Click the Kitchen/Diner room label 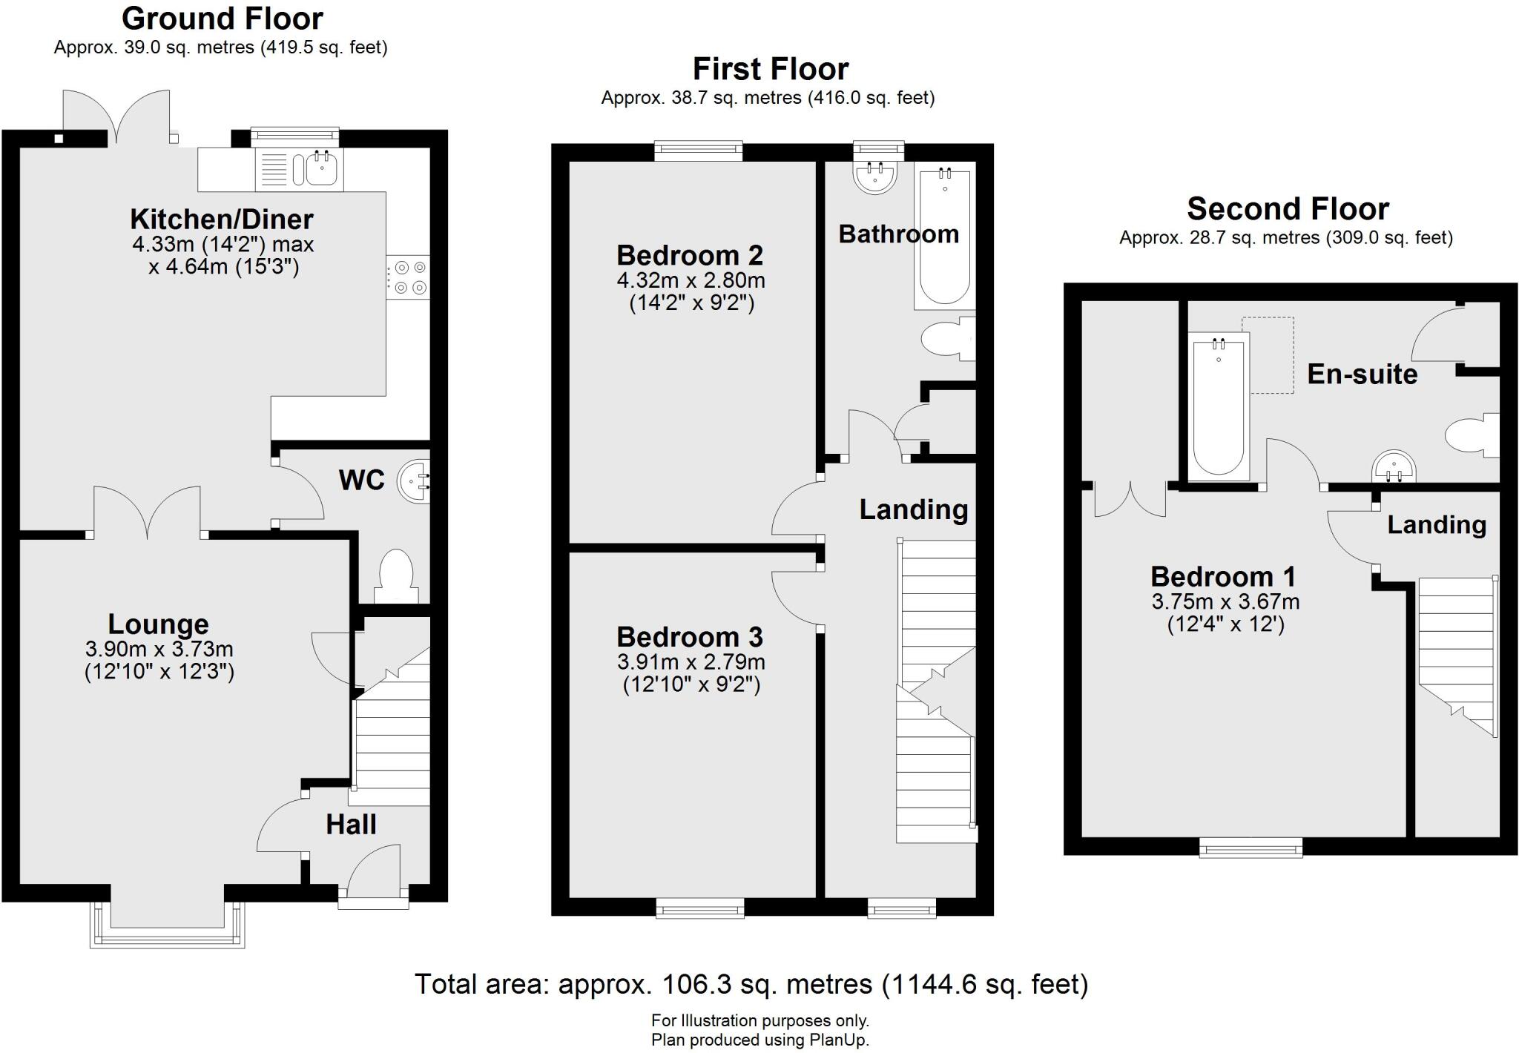(x=222, y=219)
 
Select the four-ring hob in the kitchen (x=408, y=277)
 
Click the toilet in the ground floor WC (x=395, y=575)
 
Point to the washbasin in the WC (x=414, y=481)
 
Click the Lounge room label (x=159, y=624)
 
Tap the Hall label (x=351, y=825)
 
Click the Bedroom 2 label (x=690, y=256)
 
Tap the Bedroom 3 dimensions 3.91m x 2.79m (x=691, y=662)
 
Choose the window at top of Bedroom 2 (x=699, y=151)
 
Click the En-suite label (x=1362, y=374)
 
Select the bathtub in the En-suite (x=1219, y=406)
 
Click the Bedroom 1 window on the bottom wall (x=1251, y=847)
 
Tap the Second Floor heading (x=1288, y=209)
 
